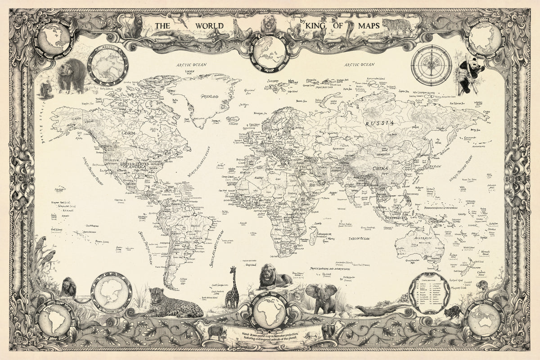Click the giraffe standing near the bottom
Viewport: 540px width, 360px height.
pos(232,288)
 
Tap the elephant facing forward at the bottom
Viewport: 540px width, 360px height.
pos(320,297)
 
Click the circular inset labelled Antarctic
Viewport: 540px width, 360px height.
pos(111,293)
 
